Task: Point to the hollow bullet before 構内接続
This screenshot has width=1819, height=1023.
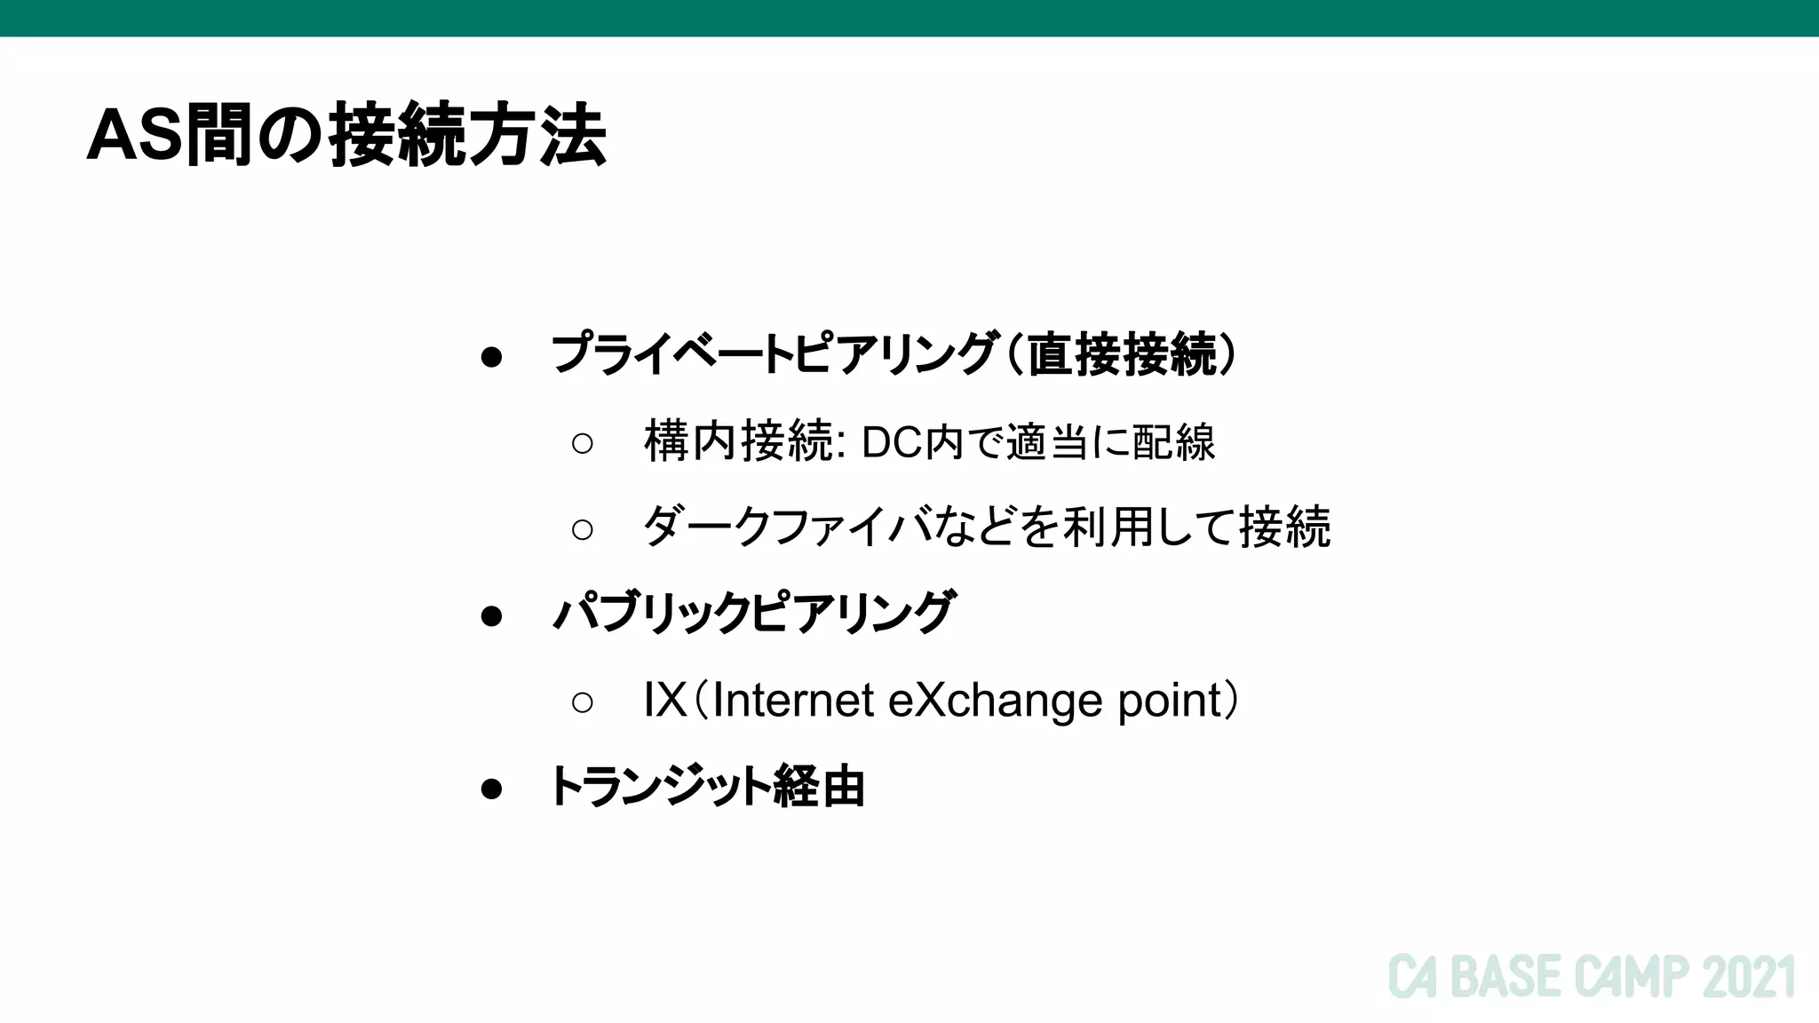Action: pos(583,442)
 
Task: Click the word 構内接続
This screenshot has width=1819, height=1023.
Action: pos(738,441)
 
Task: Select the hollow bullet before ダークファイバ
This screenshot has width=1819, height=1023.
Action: pos(583,529)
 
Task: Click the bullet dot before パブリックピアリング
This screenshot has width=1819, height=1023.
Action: pos(491,615)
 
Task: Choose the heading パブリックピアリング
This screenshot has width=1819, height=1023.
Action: pos(753,612)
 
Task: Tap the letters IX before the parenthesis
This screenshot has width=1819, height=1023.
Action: pos(665,700)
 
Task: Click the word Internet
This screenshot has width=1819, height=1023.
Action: pos(793,700)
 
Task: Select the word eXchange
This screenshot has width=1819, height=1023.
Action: pos(995,700)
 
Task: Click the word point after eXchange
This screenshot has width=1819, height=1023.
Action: pos(1171,700)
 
